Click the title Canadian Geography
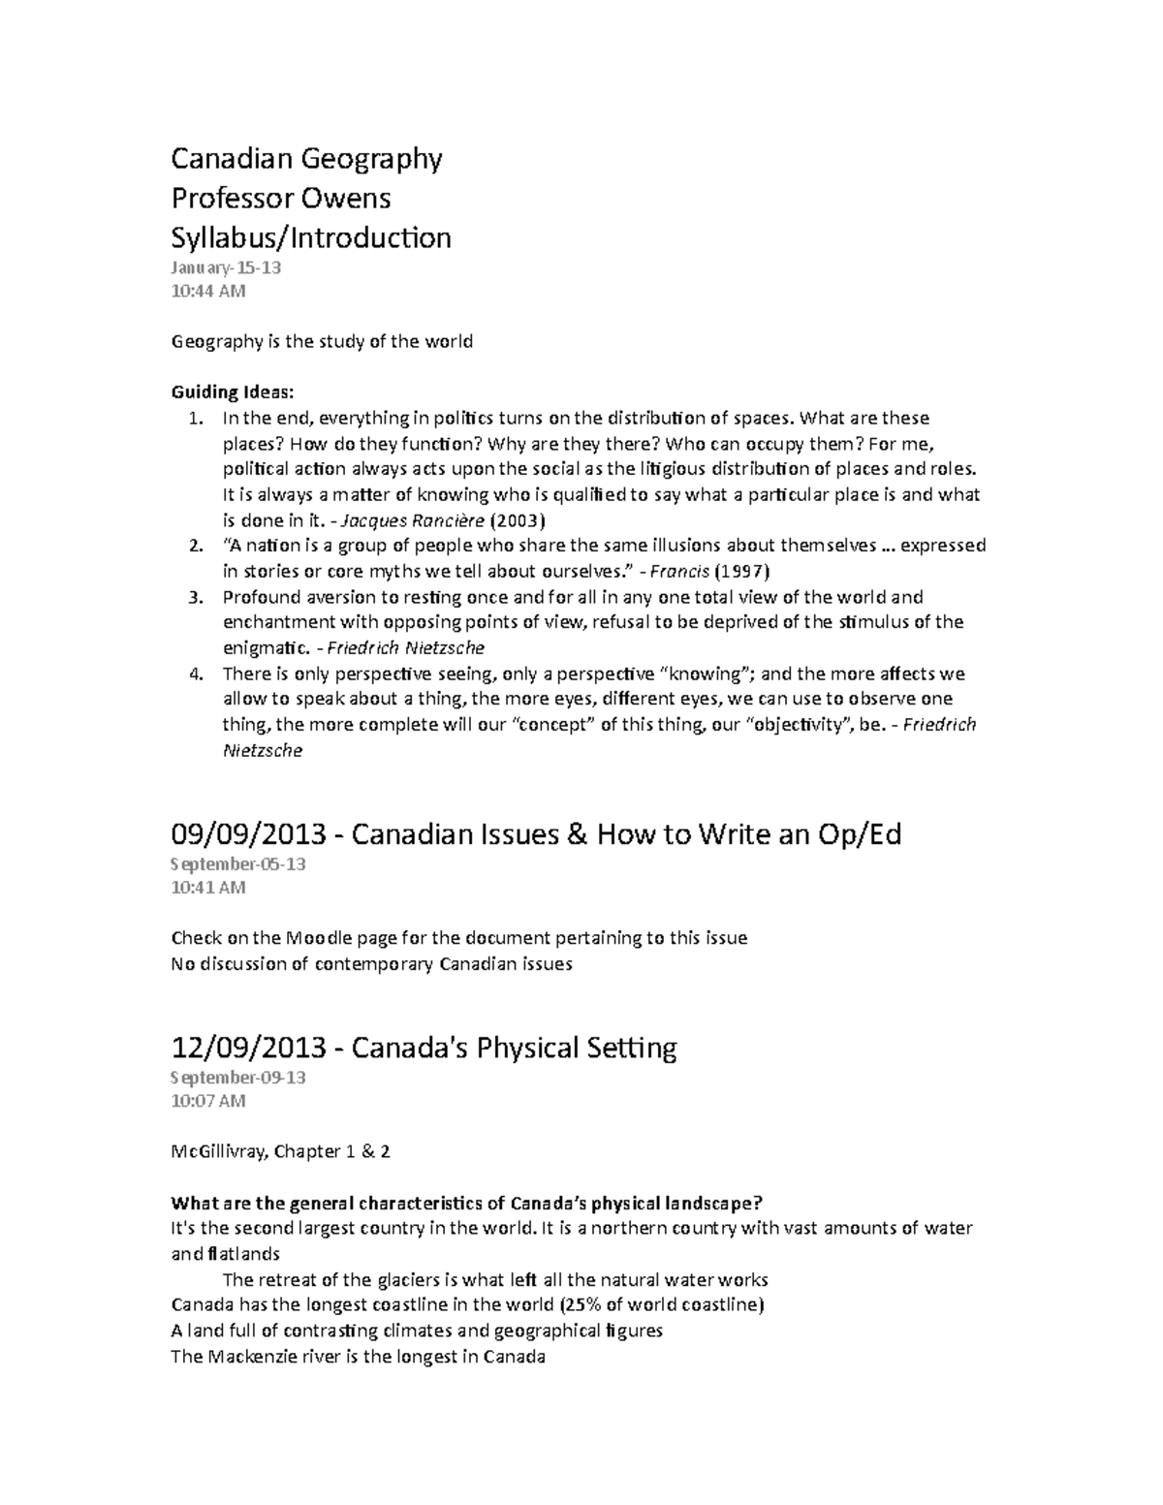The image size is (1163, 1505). [x=306, y=158]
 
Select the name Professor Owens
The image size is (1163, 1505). [x=281, y=198]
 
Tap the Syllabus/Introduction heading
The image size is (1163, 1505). [x=311, y=237]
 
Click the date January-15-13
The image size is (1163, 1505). [x=226, y=267]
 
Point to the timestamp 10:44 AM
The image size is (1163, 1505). [x=207, y=291]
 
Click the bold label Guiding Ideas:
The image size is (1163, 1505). [x=232, y=392]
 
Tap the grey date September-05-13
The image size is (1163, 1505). [x=238, y=863]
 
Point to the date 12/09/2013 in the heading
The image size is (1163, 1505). [x=251, y=1048]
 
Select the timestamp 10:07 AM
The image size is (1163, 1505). [x=207, y=1101]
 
